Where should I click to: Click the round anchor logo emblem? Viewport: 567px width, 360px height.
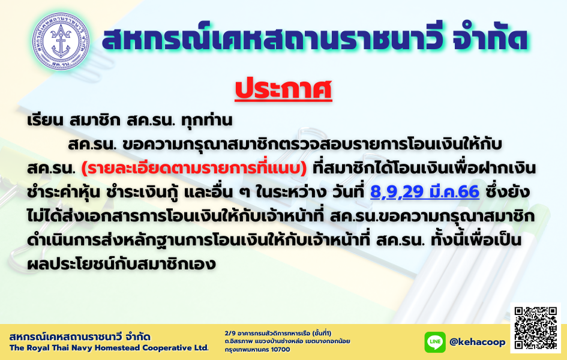tap(61, 41)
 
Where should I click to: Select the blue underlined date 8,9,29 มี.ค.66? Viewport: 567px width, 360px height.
tap(425, 191)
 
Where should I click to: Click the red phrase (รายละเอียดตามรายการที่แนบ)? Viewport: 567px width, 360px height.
tap(194, 169)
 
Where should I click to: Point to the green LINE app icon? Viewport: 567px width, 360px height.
tap(434, 342)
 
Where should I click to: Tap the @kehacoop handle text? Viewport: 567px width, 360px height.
tap(478, 342)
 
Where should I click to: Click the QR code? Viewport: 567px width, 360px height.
tap(536, 328)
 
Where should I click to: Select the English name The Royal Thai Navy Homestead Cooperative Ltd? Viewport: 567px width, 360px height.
tap(109, 348)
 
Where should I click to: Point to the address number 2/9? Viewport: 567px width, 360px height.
tap(230, 333)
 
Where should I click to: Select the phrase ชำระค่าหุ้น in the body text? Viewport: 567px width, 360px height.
tap(63, 192)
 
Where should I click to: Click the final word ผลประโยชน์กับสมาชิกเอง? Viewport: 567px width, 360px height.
tap(121, 265)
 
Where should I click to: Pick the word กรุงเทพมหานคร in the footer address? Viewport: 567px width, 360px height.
tap(246, 350)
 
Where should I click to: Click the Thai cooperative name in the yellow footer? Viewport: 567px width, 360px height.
tap(80, 337)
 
